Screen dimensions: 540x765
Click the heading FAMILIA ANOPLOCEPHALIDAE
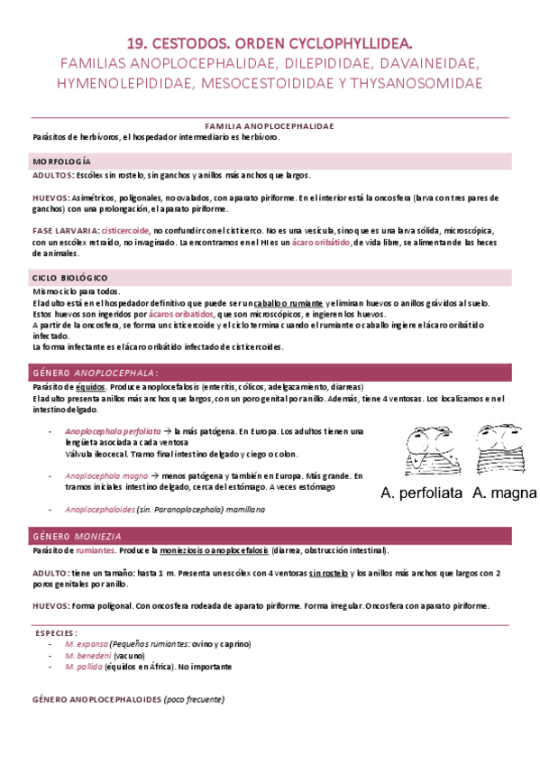[270, 127]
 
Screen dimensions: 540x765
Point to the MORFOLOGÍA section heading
[61, 161]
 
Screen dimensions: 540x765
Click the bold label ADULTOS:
[52, 176]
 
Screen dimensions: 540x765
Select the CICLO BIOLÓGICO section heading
[70, 277]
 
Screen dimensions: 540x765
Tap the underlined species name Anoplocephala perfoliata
[113, 431]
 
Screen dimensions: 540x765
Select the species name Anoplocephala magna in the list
[106, 475]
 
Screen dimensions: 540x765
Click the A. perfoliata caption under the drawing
[421, 493]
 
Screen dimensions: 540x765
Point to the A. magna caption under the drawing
[504, 493]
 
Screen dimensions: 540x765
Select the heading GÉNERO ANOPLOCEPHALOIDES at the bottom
[96, 699]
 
